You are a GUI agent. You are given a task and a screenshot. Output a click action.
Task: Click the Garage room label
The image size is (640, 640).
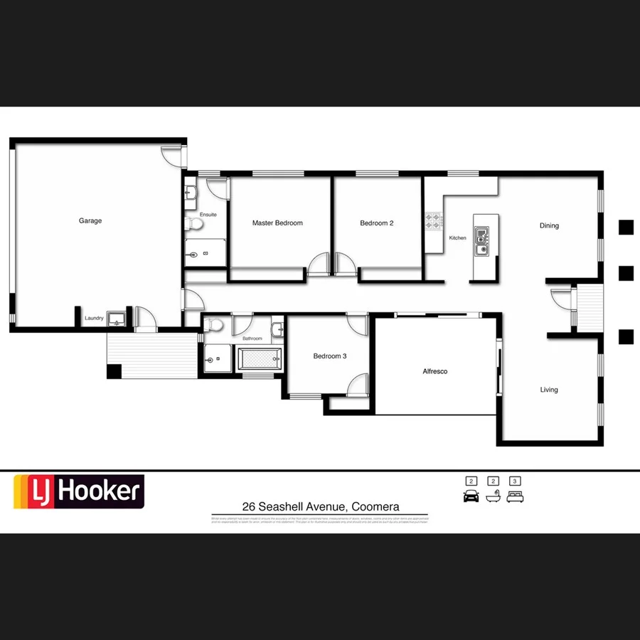[90, 221]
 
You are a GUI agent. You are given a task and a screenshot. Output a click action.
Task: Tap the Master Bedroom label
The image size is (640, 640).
[277, 223]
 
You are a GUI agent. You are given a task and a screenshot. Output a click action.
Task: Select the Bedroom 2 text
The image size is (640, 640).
[377, 223]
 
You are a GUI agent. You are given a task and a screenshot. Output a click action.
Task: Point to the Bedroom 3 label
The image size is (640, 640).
[330, 356]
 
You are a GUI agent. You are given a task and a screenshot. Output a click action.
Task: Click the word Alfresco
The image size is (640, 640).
[435, 371]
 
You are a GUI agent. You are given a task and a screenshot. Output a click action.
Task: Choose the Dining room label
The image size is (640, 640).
[549, 226]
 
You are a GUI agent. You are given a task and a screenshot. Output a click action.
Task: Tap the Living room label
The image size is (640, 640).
[549, 390]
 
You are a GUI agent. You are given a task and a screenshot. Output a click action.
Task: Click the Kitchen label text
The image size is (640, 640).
[458, 238]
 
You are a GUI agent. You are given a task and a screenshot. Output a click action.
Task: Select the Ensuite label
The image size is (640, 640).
[208, 215]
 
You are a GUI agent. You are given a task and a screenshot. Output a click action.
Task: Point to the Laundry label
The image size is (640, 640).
[94, 319]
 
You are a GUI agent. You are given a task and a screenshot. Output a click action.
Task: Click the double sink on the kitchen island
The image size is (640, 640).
[482, 240]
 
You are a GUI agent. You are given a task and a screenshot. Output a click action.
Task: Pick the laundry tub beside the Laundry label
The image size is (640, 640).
[118, 317]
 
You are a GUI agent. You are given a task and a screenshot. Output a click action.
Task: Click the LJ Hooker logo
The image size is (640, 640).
[80, 491]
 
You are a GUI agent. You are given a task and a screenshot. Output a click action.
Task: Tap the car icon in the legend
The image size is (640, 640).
[471, 496]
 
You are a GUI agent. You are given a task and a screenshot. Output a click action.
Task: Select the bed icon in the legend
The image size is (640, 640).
[516, 496]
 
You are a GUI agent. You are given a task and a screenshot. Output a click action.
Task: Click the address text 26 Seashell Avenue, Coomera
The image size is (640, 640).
[321, 507]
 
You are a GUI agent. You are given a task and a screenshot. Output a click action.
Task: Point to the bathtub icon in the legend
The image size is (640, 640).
[493, 496]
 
